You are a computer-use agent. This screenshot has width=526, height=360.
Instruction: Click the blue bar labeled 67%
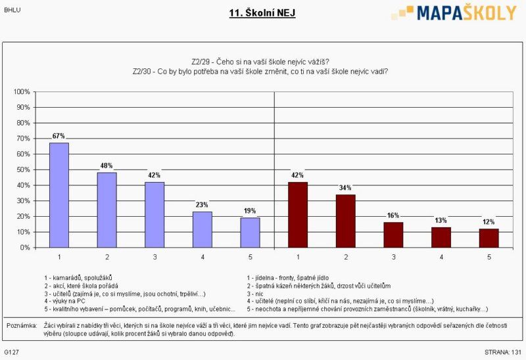click(59, 195)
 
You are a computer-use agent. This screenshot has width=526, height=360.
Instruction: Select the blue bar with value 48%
click(107, 210)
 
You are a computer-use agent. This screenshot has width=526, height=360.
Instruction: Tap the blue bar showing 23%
click(202, 229)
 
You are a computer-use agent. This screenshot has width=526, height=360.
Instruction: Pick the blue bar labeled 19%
click(249, 233)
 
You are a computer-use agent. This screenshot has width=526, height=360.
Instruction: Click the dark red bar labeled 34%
click(345, 221)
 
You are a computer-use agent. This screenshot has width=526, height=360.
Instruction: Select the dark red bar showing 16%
click(393, 235)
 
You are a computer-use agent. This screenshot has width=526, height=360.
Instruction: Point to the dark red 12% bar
click(489, 238)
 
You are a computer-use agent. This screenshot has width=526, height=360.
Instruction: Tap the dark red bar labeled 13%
click(441, 237)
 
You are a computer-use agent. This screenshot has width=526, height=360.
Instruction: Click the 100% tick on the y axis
click(22, 91)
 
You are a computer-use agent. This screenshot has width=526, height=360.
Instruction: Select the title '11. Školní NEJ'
click(262, 12)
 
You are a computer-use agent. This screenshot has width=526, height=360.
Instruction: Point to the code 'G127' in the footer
click(11, 353)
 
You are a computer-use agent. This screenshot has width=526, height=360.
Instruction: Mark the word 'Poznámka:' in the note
click(21, 326)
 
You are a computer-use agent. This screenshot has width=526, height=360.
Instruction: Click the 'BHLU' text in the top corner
click(12, 10)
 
